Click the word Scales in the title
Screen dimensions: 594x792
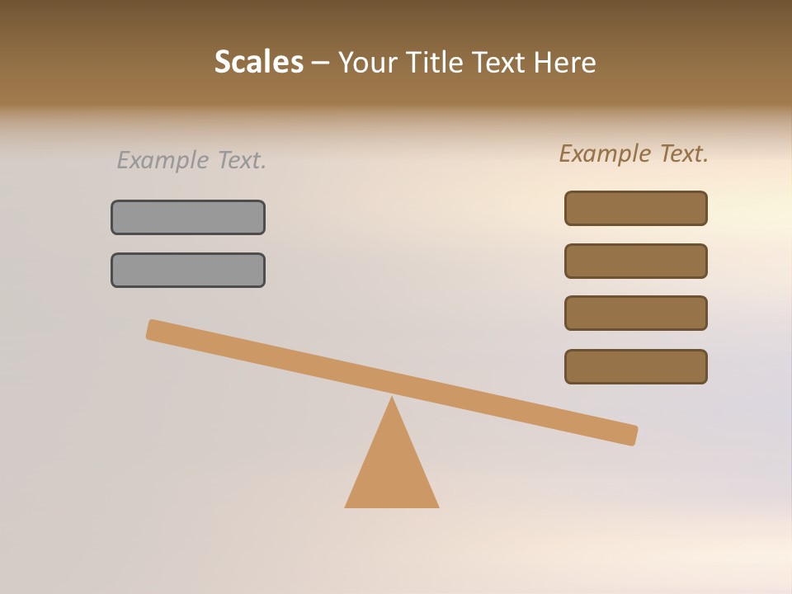click(258, 62)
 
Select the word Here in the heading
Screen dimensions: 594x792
click(563, 62)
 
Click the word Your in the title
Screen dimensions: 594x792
click(368, 62)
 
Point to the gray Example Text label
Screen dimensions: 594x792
click(191, 160)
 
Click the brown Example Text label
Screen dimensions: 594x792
click(634, 153)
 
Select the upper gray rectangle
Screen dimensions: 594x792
click(188, 217)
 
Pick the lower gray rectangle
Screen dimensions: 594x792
click(188, 270)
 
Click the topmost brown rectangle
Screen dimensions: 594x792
click(636, 208)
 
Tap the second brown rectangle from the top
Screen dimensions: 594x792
click(636, 261)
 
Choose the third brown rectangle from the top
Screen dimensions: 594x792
click(636, 313)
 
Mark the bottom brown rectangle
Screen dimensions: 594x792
click(636, 366)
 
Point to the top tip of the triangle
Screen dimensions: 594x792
click(392, 399)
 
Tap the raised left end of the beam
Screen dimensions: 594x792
click(153, 329)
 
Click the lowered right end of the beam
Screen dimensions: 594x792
click(630, 435)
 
